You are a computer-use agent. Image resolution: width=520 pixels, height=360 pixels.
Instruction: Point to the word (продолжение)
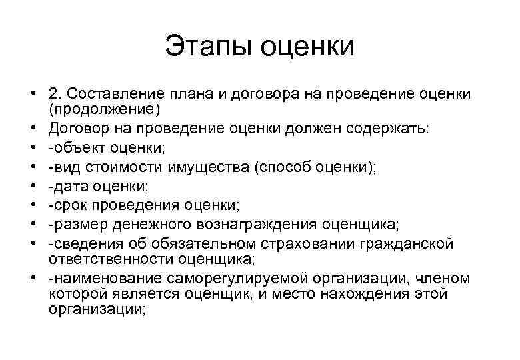[x=104, y=109]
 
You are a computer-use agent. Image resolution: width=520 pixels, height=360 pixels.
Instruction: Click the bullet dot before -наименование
[x=33, y=279]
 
